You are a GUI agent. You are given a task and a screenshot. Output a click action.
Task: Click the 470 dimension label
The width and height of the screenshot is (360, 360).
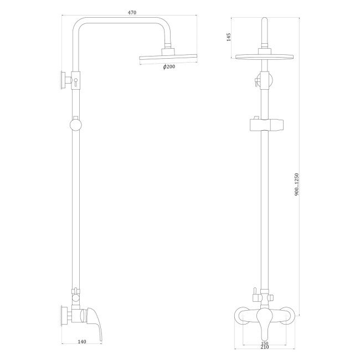pyautogui.click(x=132, y=12)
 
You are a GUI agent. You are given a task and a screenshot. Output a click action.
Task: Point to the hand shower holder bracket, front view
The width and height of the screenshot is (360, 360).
pyautogui.click(x=265, y=124)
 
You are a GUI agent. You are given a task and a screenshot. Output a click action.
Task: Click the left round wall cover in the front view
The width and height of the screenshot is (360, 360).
pyautogui.click(x=241, y=316)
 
